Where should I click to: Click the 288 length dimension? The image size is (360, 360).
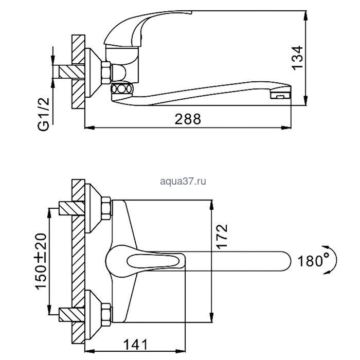click(188, 119)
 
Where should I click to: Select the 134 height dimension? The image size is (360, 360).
click(297, 58)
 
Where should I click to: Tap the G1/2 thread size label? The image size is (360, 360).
click(44, 114)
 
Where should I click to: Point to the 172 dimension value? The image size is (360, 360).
click(222, 237)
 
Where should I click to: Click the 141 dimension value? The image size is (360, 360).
click(135, 345)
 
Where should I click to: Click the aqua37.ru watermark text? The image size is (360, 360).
click(183, 182)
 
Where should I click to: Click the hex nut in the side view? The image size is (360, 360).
click(106, 73)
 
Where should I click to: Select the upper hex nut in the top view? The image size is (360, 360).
click(106, 208)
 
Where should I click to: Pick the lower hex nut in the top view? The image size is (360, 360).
click(106, 315)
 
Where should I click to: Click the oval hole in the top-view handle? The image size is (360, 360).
click(153, 261)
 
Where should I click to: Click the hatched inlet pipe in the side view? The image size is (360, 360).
click(72, 72)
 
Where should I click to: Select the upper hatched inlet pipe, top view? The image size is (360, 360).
click(72, 208)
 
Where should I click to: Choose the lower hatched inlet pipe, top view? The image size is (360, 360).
click(72, 315)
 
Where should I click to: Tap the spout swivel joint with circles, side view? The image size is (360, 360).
click(122, 88)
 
